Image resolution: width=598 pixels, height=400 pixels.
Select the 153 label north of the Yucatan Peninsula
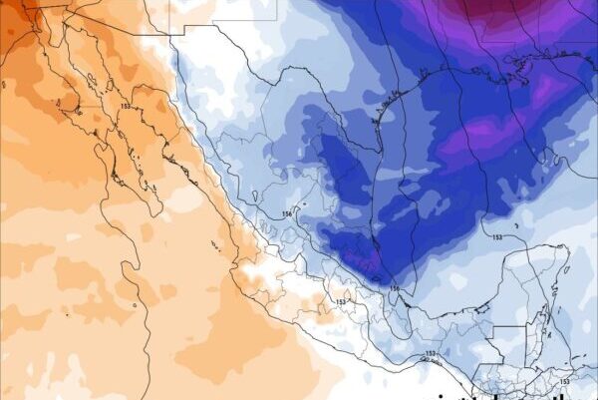496,237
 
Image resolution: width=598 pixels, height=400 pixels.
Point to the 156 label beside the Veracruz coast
395,290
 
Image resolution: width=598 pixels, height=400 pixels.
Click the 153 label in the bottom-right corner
565,381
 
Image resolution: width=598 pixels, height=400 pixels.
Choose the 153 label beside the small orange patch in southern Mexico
341,301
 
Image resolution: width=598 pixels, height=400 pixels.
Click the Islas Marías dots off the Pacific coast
213,241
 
